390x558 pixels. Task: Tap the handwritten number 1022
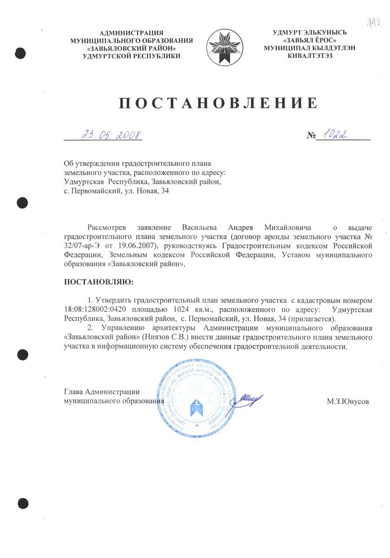point(339,134)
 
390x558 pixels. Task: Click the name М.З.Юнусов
point(348,402)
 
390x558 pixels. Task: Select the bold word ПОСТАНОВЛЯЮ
point(98,282)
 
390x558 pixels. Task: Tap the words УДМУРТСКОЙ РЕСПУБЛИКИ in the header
point(125,56)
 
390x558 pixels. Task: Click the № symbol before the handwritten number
point(312,135)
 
